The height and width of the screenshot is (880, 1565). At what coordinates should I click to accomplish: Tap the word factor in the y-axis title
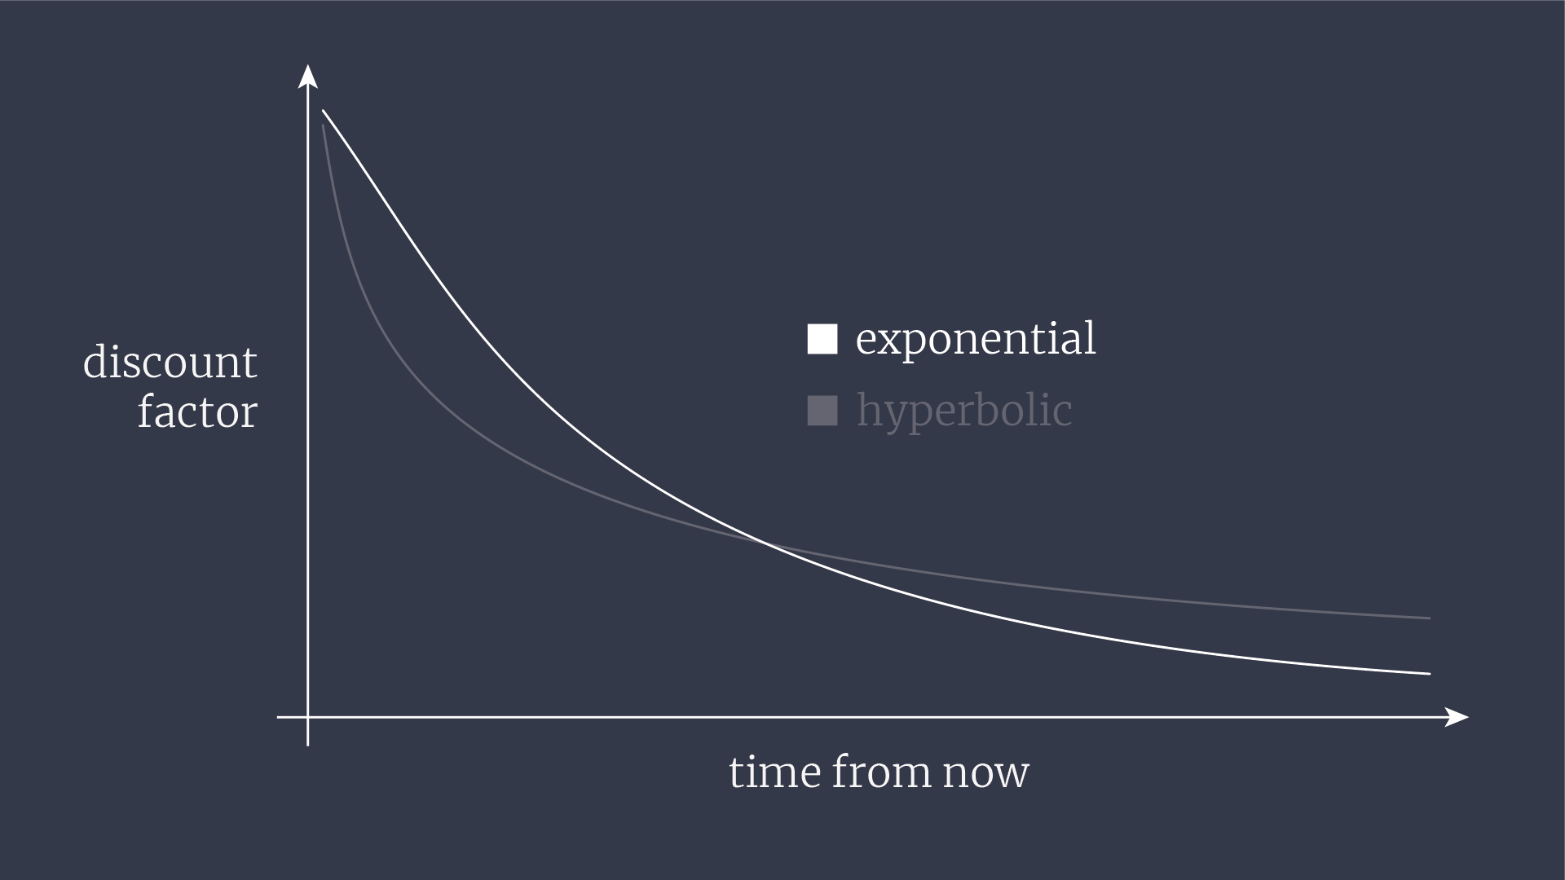(197, 411)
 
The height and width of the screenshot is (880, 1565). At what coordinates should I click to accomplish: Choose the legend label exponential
(976, 339)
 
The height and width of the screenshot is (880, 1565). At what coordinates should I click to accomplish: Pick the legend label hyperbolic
(964, 411)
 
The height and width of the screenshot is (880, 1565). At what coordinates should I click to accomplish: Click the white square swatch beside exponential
(822, 339)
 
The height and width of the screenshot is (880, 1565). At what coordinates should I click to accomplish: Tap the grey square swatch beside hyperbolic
(822, 411)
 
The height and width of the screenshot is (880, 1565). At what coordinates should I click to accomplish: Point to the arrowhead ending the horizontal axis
(1457, 717)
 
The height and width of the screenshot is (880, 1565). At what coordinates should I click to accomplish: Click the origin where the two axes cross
(307, 717)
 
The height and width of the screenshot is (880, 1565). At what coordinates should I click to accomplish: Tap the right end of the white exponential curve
(1430, 674)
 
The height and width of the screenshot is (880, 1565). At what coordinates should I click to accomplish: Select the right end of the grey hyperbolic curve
(1430, 618)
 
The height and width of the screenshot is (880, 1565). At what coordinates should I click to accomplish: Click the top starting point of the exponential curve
(324, 111)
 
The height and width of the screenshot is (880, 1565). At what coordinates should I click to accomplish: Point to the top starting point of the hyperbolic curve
(324, 125)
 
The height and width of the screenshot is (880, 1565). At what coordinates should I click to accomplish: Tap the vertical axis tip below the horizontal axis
(307, 746)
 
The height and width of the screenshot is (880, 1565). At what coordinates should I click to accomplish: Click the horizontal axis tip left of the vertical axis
(278, 717)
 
